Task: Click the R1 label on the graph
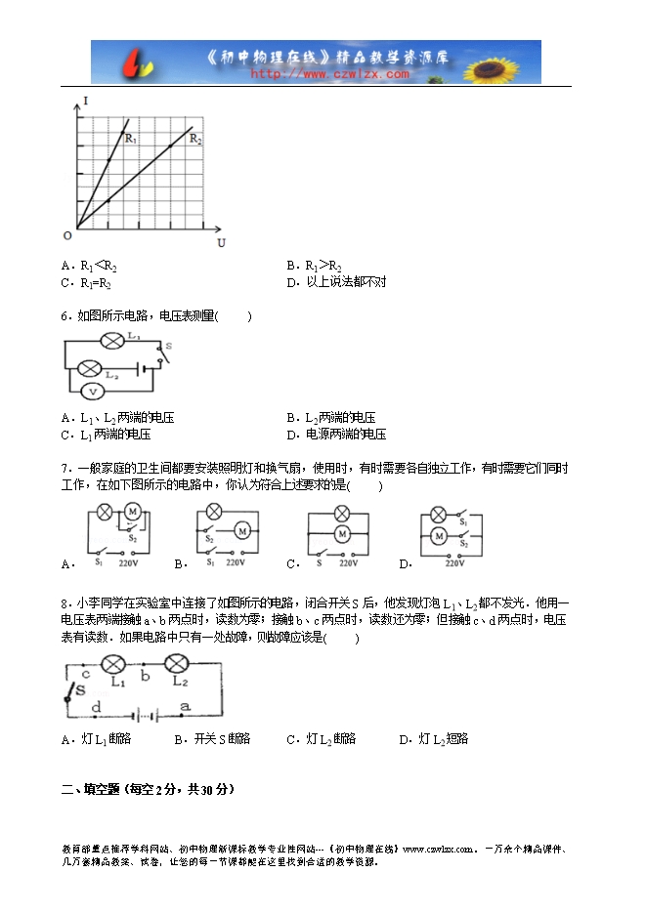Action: click(130, 140)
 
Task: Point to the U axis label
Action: click(221, 242)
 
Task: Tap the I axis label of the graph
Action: click(87, 101)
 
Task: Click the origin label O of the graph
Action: click(67, 234)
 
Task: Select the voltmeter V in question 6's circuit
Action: click(92, 391)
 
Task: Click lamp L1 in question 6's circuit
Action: click(112, 340)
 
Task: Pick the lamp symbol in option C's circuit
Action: click(342, 514)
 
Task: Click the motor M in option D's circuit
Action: click(440, 535)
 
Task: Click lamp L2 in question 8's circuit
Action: click(179, 665)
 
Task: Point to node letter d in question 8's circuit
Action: click(96, 707)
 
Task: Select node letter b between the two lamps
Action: click(145, 675)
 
